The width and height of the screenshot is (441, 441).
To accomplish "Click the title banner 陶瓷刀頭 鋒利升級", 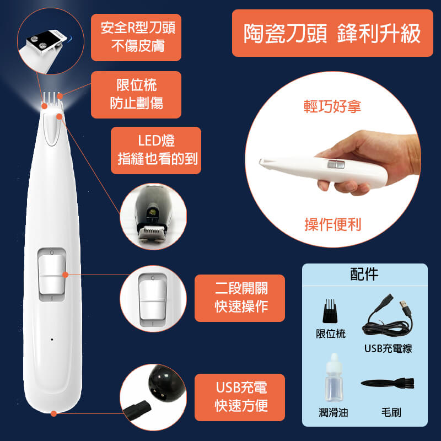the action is tap(332, 33).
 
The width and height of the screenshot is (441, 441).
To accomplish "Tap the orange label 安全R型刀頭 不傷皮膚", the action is tap(136, 37).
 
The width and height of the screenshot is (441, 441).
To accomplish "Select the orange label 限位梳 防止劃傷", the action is tap(136, 95).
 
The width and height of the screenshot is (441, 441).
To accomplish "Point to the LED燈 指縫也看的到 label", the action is tap(156, 150).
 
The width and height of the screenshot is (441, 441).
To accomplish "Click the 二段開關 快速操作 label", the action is tap(240, 298).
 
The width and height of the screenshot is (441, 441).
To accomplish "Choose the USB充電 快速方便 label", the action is tap(240, 397).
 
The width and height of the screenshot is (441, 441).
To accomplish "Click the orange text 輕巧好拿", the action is tap(332, 106).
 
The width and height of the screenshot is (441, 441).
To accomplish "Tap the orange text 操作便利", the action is tap(333, 224).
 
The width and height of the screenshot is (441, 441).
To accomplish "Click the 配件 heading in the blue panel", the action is tap(364, 274).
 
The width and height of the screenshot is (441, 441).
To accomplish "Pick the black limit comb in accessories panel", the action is tap(330, 311).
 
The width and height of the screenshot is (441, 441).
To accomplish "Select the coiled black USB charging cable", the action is tap(388, 315).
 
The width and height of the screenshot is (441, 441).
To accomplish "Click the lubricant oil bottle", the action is tap(334, 378).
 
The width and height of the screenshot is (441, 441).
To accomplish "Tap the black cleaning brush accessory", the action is tap(388, 383).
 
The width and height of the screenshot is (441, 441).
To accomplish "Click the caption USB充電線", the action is tap(388, 349).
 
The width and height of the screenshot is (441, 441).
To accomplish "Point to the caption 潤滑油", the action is tap(334, 412).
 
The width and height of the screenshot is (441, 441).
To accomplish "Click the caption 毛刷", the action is tap(391, 412).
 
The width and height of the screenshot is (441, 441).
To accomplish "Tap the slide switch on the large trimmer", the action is tap(52, 274).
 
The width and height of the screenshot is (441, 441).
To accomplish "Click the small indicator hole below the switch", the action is tap(52, 340).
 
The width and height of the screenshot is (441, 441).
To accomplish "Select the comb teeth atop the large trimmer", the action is tap(52, 98).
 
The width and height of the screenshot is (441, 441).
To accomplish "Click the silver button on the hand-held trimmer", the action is tap(336, 164).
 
